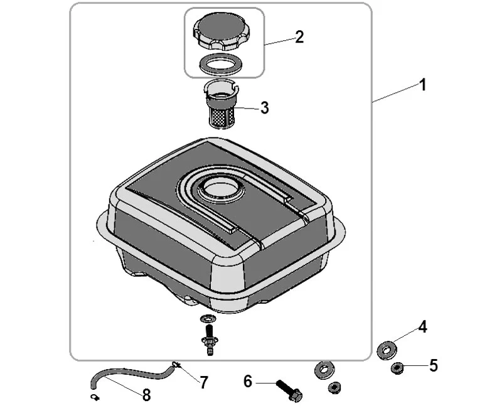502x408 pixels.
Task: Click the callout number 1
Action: click(423, 85)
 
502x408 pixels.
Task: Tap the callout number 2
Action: click(299, 37)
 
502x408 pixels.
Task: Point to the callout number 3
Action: click(264, 108)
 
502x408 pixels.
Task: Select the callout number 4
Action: click(422, 327)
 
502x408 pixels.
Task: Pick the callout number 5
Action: click(433, 365)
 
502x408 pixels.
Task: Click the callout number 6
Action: click(248, 382)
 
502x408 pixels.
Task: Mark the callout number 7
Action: click(204, 382)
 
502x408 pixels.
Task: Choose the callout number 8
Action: click(146, 395)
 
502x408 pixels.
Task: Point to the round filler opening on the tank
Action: click(221, 190)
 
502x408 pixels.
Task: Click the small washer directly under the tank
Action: click(208, 319)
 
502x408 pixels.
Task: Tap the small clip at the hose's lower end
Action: click(95, 397)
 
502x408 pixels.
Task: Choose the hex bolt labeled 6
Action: click(289, 390)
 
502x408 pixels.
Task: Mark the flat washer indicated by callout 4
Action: click(387, 350)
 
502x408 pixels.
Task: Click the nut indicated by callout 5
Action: click(397, 368)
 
